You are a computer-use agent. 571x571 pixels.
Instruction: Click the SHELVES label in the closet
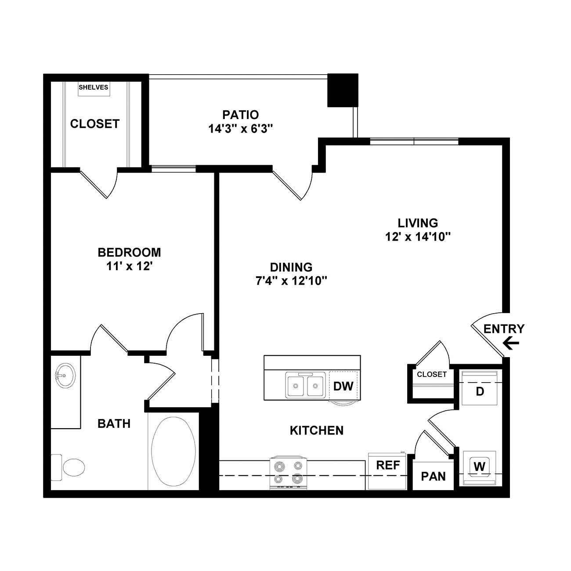click(x=94, y=87)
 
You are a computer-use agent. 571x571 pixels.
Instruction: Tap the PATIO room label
click(x=241, y=115)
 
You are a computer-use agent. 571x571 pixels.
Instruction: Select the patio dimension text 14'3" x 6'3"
click(x=241, y=129)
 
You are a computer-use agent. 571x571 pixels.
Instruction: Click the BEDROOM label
click(x=129, y=253)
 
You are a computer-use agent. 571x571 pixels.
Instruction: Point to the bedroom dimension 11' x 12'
click(x=129, y=267)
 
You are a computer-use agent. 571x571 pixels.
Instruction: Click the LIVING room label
click(x=418, y=223)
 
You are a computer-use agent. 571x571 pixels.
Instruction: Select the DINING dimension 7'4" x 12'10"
click(x=291, y=281)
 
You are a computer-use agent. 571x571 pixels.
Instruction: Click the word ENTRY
click(x=504, y=329)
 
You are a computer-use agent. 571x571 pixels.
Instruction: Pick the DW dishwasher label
click(x=343, y=386)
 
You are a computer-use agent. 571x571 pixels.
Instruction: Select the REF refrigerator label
click(x=388, y=465)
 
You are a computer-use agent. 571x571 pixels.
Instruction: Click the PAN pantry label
click(x=433, y=477)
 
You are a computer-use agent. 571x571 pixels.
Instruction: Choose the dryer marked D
click(x=480, y=388)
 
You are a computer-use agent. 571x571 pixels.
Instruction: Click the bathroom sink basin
click(x=65, y=376)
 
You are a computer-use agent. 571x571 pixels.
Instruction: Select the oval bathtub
click(x=173, y=451)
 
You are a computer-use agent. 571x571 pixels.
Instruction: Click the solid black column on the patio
click(x=343, y=90)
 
